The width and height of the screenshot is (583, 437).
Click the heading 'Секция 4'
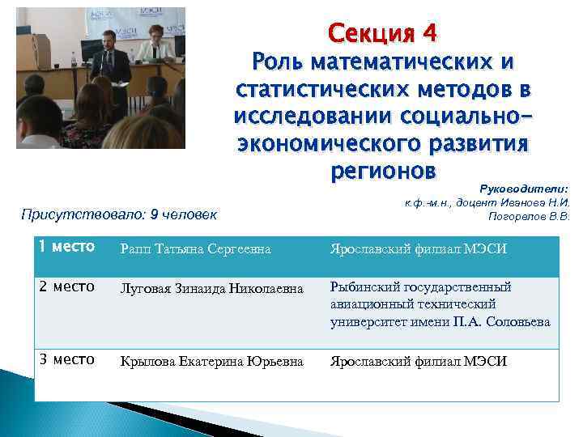click(381, 33)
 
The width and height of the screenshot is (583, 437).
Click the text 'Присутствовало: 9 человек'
click(119, 214)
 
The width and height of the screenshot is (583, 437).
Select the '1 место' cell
click(68, 247)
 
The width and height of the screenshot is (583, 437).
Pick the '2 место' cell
click(68, 286)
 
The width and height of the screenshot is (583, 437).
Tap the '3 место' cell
click(68, 359)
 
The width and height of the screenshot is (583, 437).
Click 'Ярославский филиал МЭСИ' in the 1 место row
click(419, 248)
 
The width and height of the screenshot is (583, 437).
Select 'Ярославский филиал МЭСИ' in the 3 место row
click(419, 362)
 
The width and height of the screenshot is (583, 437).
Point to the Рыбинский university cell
click(440, 304)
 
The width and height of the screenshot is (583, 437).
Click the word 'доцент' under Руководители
click(477, 202)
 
